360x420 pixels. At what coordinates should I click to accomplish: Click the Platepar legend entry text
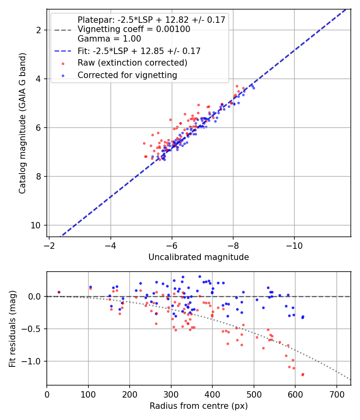[151, 20]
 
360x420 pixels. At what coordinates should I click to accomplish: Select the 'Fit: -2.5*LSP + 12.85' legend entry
[139, 51]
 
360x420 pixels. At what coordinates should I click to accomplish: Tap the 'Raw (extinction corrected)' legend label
[132, 63]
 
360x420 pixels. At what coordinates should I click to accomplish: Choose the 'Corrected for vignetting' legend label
[127, 75]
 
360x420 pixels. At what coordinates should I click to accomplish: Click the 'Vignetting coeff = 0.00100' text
[134, 30]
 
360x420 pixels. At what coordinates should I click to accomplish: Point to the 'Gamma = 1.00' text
[109, 39]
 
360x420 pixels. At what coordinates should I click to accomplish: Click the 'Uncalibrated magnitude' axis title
[198, 257]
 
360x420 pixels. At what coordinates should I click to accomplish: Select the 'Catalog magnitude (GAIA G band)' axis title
[23, 123]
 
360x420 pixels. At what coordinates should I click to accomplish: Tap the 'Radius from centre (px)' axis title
[198, 406]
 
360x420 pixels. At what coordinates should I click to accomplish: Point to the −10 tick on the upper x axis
[294, 245]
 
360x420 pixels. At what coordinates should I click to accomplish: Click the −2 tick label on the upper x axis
[49, 245]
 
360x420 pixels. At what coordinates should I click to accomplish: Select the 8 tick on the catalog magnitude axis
[39, 176]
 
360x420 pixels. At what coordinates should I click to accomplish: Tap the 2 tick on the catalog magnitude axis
[39, 30]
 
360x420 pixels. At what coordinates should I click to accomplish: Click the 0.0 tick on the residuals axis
[36, 296]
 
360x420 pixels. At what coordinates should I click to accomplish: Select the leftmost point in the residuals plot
[59, 292]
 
